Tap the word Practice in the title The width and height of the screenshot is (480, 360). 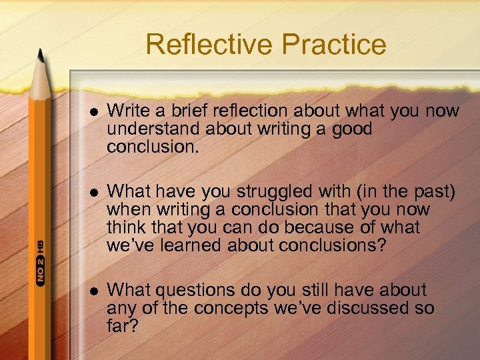point(333,45)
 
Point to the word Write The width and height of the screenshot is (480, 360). point(125,111)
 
